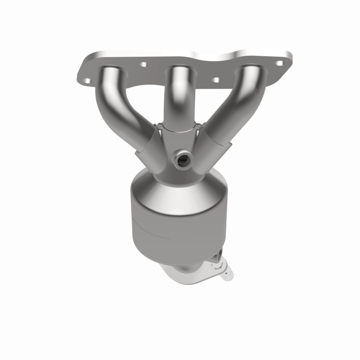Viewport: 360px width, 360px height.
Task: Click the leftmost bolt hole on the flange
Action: pos(87,81)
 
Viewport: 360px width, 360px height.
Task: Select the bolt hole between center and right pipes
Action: pos(216,80)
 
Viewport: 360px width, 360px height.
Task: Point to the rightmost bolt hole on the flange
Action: pos(279,64)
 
